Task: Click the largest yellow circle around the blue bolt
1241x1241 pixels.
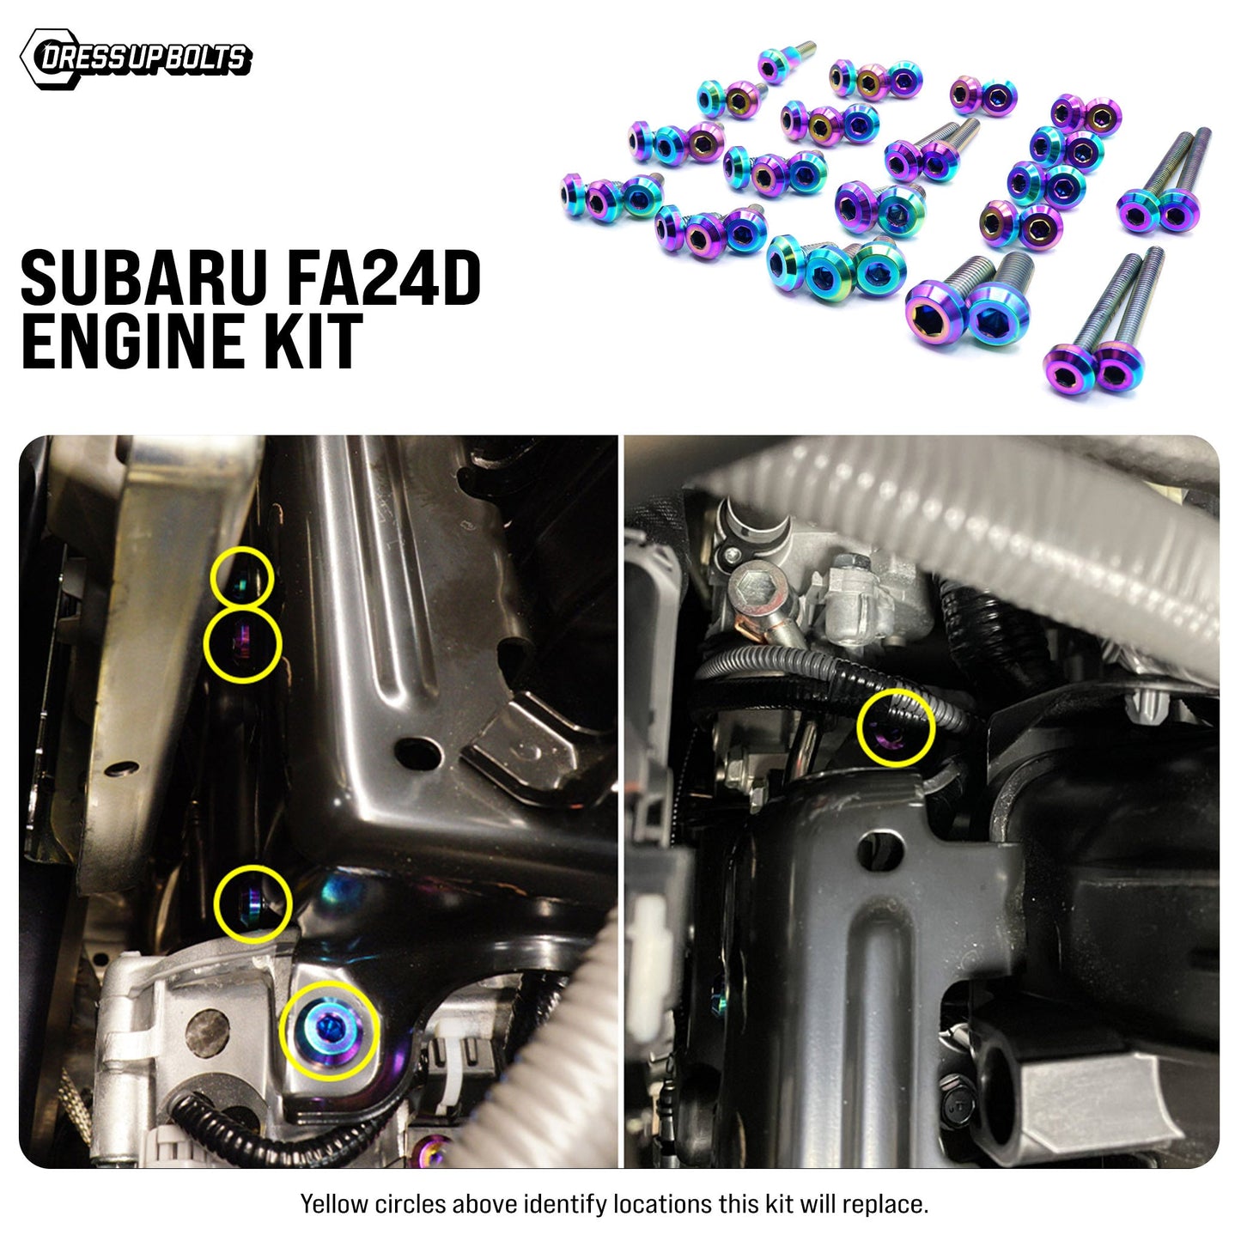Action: click(x=328, y=1030)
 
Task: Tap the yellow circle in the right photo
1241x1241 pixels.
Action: click(x=895, y=727)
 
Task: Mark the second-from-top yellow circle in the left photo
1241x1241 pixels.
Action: click(x=242, y=645)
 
